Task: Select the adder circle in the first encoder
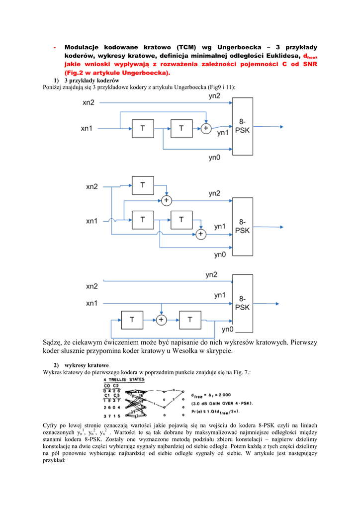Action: coord(206,128)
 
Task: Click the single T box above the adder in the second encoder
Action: coord(143,185)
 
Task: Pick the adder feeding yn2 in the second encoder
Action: coord(166,200)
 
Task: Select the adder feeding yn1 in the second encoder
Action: coord(201,234)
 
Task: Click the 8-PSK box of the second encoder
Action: coord(242,226)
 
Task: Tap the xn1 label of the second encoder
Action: coord(91,220)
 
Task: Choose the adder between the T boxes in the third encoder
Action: coord(161,320)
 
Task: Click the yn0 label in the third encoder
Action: coord(227,330)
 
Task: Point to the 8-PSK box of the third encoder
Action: coord(242,303)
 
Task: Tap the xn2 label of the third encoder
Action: coord(91,287)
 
